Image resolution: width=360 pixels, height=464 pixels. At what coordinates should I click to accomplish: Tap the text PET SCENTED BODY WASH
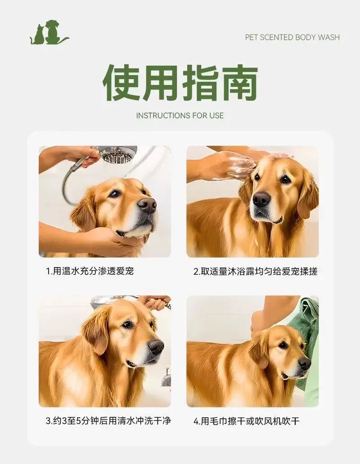(x=292, y=37)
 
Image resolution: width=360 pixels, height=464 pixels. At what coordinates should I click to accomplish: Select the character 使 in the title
(x=121, y=82)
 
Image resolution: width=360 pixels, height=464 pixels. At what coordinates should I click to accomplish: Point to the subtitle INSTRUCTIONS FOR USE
(x=180, y=116)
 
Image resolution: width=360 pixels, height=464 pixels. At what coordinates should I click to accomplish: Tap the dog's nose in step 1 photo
(x=147, y=205)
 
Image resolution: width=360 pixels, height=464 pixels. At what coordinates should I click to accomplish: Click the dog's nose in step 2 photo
(x=261, y=200)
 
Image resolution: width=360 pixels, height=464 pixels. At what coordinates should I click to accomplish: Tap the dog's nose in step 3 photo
(x=155, y=347)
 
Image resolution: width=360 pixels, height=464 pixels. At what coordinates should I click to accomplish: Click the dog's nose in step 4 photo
(x=304, y=363)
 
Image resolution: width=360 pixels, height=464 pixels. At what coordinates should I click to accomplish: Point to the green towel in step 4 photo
(x=305, y=340)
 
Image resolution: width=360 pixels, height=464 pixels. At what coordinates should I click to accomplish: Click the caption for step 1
(x=90, y=271)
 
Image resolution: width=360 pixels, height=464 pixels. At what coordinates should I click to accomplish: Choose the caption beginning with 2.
(x=256, y=272)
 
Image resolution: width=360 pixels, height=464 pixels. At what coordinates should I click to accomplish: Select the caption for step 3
(x=108, y=420)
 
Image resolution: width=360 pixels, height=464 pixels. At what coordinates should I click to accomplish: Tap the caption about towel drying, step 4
(x=247, y=421)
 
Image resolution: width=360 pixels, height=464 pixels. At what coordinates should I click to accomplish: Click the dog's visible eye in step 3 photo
(x=128, y=325)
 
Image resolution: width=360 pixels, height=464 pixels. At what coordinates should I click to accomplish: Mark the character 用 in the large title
(x=161, y=82)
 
